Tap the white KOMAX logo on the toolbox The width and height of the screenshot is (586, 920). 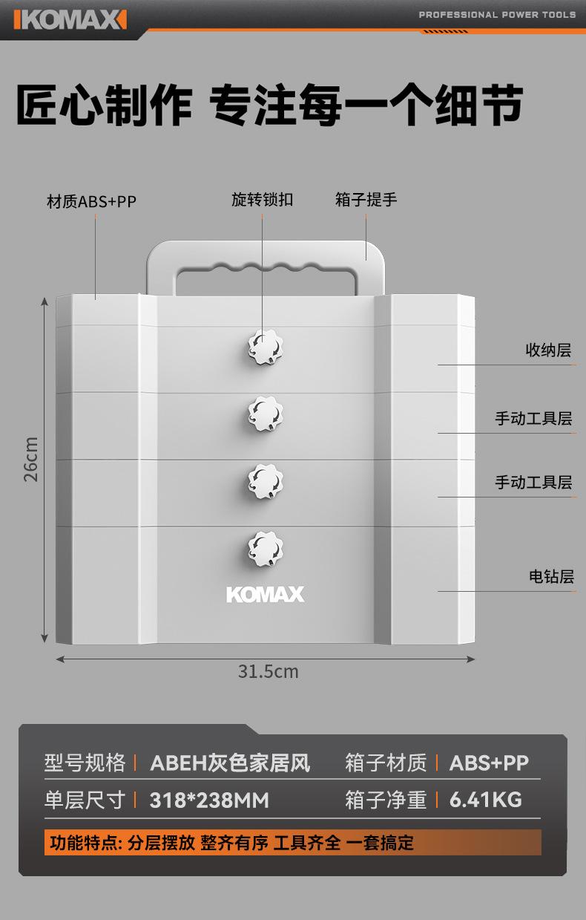pyautogui.click(x=265, y=594)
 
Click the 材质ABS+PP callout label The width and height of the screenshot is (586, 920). pyautogui.click(x=91, y=201)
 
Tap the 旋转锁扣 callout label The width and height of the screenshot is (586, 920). pyautogui.click(x=262, y=199)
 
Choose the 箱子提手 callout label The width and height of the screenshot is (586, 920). pyautogui.click(x=366, y=199)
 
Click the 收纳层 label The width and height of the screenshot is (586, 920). pyautogui.click(x=548, y=350)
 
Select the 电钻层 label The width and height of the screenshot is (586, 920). pyautogui.click(x=551, y=576)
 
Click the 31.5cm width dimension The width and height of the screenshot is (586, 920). pyautogui.click(x=268, y=671)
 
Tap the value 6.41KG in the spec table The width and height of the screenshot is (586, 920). pyautogui.click(x=486, y=800)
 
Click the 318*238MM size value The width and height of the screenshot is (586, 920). pyautogui.click(x=209, y=800)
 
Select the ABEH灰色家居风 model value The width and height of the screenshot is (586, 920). pyautogui.click(x=230, y=763)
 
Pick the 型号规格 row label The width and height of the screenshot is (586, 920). pyautogui.click(x=85, y=763)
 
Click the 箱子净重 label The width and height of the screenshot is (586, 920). pyautogui.click(x=386, y=800)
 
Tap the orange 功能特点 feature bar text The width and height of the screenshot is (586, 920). pyautogui.click(x=231, y=843)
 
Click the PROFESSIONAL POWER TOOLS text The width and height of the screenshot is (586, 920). pyautogui.click(x=497, y=14)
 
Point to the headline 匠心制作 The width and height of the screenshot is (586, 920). pyautogui.click(x=105, y=106)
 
